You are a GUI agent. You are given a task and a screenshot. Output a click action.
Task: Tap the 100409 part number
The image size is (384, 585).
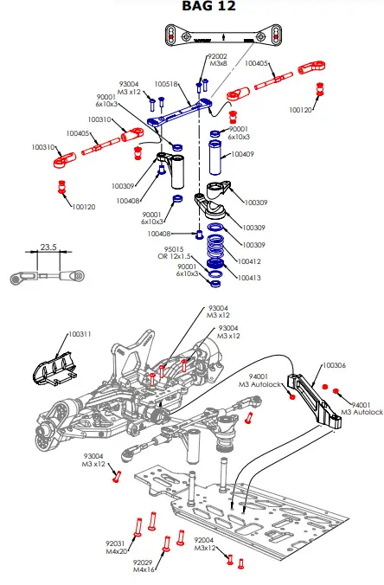243,156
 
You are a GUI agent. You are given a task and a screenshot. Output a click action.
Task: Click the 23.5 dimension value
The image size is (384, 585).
48,247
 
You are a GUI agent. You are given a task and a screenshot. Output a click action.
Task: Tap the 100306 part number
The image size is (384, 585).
335,365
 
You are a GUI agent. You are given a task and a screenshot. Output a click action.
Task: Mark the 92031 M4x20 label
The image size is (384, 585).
117,547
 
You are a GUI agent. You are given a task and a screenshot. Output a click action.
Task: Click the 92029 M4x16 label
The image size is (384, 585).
144,566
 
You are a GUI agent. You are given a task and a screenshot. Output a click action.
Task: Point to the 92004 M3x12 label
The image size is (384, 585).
205,544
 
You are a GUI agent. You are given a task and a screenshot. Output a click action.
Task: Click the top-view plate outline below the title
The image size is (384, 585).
224,36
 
